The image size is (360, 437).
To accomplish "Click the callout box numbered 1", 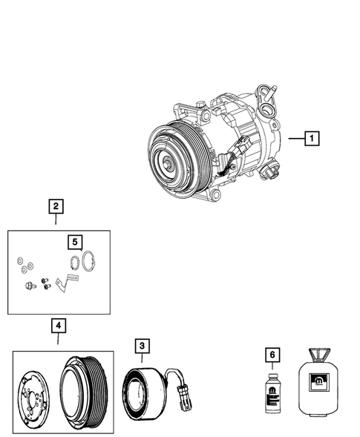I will coord(312,138).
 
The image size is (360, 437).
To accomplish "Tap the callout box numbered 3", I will coord(142,345).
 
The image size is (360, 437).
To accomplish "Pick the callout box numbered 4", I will coord(57,326).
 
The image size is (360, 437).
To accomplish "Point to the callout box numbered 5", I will coord(74,242).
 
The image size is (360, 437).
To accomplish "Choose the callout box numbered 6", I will coord(273,355).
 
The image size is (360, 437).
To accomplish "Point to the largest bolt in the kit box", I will coord(30,286).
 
